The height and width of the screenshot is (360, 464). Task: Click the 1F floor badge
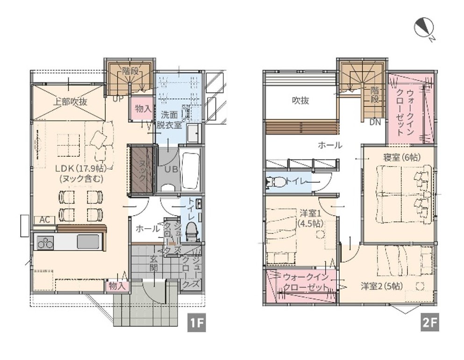(x=197, y=322)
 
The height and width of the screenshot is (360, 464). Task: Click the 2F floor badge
(x=430, y=322)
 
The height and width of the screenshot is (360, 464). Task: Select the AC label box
(x=45, y=220)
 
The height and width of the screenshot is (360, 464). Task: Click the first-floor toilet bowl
(x=192, y=230)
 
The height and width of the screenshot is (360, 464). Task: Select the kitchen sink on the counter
(x=88, y=242)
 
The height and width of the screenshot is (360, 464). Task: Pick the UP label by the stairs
(x=117, y=99)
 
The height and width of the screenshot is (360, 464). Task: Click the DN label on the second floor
(x=375, y=122)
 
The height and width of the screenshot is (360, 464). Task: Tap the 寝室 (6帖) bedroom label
(x=402, y=157)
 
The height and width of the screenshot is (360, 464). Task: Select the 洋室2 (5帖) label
(x=382, y=286)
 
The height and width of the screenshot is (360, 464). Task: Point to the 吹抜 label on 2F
(x=300, y=101)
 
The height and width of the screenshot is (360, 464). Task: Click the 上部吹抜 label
(x=70, y=102)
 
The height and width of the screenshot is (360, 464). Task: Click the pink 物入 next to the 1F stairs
(x=143, y=108)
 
